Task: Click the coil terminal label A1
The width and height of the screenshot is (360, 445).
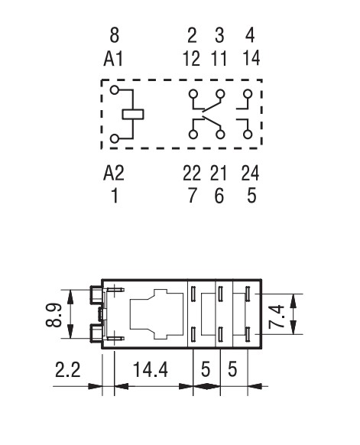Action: pyautogui.click(x=113, y=59)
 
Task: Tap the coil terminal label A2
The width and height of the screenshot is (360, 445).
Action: pyautogui.click(x=114, y=173)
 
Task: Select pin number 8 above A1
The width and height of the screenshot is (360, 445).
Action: pyautogui.click(x=114, y=35)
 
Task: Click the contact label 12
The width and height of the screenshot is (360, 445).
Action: pyautogui.click(x=192, y=59)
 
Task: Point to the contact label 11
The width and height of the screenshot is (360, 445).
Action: pyautogui.click(x=219, y=59)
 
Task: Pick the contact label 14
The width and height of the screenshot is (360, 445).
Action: pyautogui.click(x=251, y=58)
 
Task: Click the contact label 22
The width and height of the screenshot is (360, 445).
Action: pyautogui.click(x=192, y=173)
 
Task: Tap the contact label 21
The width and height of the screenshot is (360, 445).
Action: pyautogui.click(x=219, y=173)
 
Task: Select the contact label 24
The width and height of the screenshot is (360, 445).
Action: pyautogui.click(x=250, y=173)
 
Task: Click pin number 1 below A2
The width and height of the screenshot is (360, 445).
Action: pyautogui.click(x=115, y=196)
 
